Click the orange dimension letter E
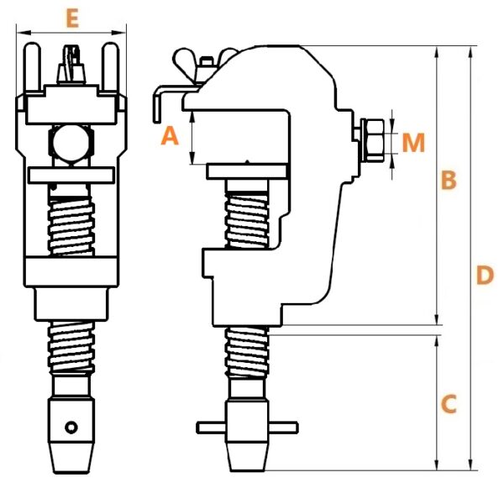72,19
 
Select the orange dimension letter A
170,135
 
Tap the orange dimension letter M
413,143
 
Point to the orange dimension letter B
449,180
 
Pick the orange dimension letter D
485,276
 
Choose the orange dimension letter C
449,404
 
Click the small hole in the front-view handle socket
71,428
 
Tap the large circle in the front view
71,143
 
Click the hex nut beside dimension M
372,140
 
